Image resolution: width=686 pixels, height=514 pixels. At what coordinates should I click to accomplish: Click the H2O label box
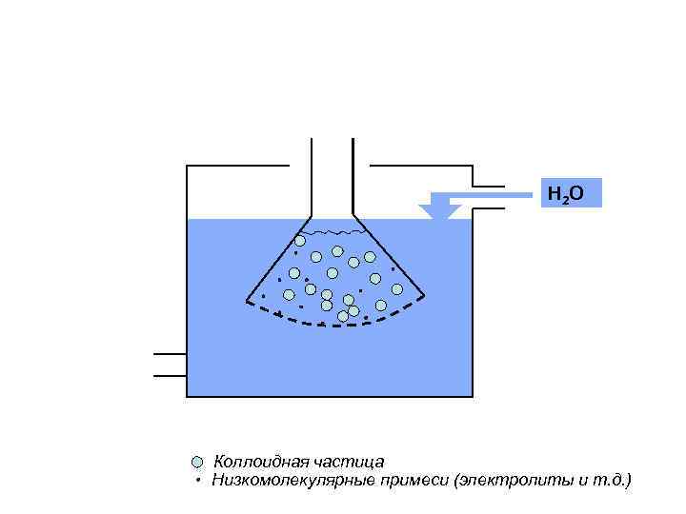click(x=571, y=194)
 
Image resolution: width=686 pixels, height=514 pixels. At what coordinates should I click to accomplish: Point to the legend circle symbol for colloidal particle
click(x=197, y=462)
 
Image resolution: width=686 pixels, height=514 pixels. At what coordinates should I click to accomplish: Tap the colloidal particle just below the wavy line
click(x=300, y=241)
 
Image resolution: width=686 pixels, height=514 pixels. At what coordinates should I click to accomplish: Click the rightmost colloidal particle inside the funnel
click(x=397, y=288)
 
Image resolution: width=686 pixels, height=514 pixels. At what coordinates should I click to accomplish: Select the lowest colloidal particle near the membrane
click(x=343, y=315)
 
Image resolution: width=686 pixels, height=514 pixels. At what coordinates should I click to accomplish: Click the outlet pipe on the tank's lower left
click(x=170, y=365)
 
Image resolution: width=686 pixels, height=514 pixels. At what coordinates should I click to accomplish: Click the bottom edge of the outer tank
click(x=330, y=396)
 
